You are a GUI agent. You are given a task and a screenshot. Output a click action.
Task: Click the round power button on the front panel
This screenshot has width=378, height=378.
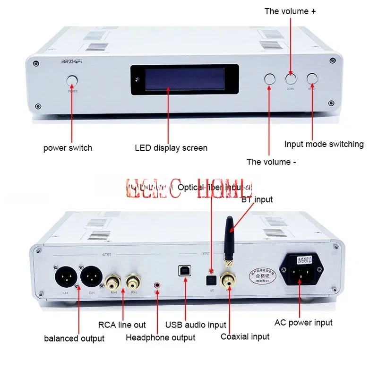[72, 81]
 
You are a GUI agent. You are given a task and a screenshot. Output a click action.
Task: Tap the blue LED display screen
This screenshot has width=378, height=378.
[184, 80]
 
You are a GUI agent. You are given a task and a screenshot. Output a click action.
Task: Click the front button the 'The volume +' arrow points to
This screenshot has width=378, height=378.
[291, 79]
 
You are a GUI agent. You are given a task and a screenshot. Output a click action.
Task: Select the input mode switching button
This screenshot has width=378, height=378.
[312, 79]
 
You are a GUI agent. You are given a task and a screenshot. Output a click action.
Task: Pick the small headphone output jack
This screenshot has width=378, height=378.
[157, 285]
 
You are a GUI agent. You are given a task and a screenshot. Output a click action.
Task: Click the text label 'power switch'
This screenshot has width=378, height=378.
[68, 148]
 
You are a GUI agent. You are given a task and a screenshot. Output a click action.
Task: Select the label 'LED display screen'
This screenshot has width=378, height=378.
[171, 148]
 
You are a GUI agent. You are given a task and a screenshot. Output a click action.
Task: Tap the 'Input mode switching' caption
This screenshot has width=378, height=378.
[324, 144]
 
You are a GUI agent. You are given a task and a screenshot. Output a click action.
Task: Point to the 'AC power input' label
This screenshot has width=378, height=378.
[303, 323]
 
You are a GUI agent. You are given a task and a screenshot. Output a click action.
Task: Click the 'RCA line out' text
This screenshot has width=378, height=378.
[122, 325]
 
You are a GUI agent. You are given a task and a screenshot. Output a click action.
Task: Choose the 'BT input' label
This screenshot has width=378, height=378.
[257, 199]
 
